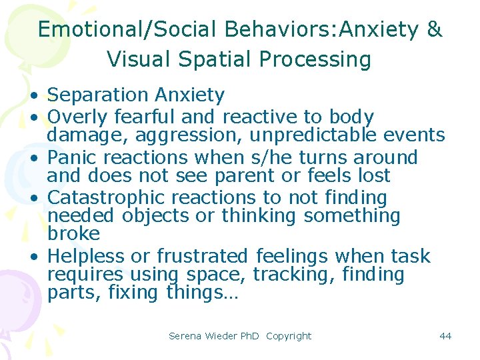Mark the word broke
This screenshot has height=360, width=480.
[73, 234]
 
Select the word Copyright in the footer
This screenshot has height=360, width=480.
[288, 336]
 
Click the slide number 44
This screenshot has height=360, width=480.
[445, 336]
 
